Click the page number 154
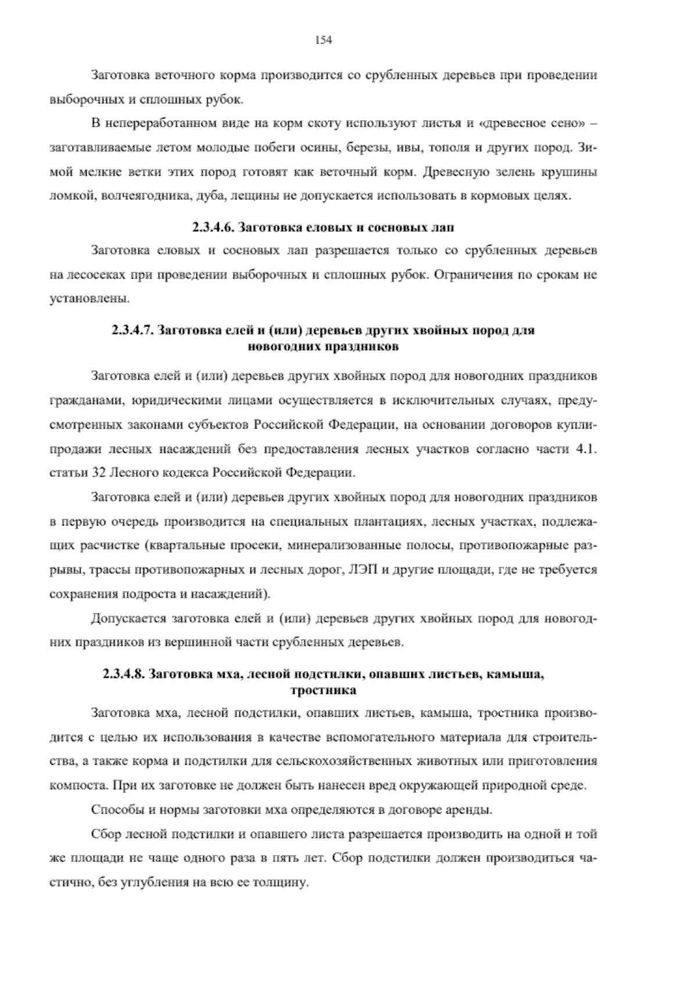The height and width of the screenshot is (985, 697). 323,39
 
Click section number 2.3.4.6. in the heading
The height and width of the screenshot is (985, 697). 213,227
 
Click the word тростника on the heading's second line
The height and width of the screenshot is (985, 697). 323,691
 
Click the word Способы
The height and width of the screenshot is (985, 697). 113,810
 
